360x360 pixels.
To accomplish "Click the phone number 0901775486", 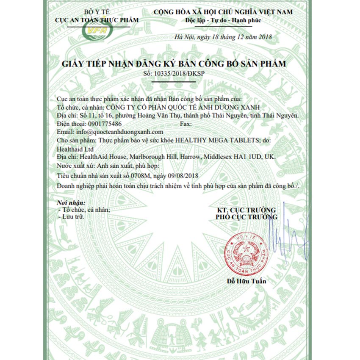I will pyautogui.click(x=105, y=124).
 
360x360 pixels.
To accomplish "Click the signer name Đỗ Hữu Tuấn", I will pyautogui.click(x=246, y=281).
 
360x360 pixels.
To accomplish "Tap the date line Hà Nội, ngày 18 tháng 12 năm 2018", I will pyautogui.click(x=223, y=38).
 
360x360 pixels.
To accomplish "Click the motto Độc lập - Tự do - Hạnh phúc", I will pyautogui.click(x=223, y=20).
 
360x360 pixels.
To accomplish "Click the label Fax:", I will pyautogui.click(x=186, y=124).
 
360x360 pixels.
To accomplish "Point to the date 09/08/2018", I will pyautogui.click(x=183, y=175).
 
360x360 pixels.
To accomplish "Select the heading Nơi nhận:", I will pyautogui.click(x=71, y=202).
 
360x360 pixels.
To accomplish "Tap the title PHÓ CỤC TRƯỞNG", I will pyautogui.click(x=246, y=217).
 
